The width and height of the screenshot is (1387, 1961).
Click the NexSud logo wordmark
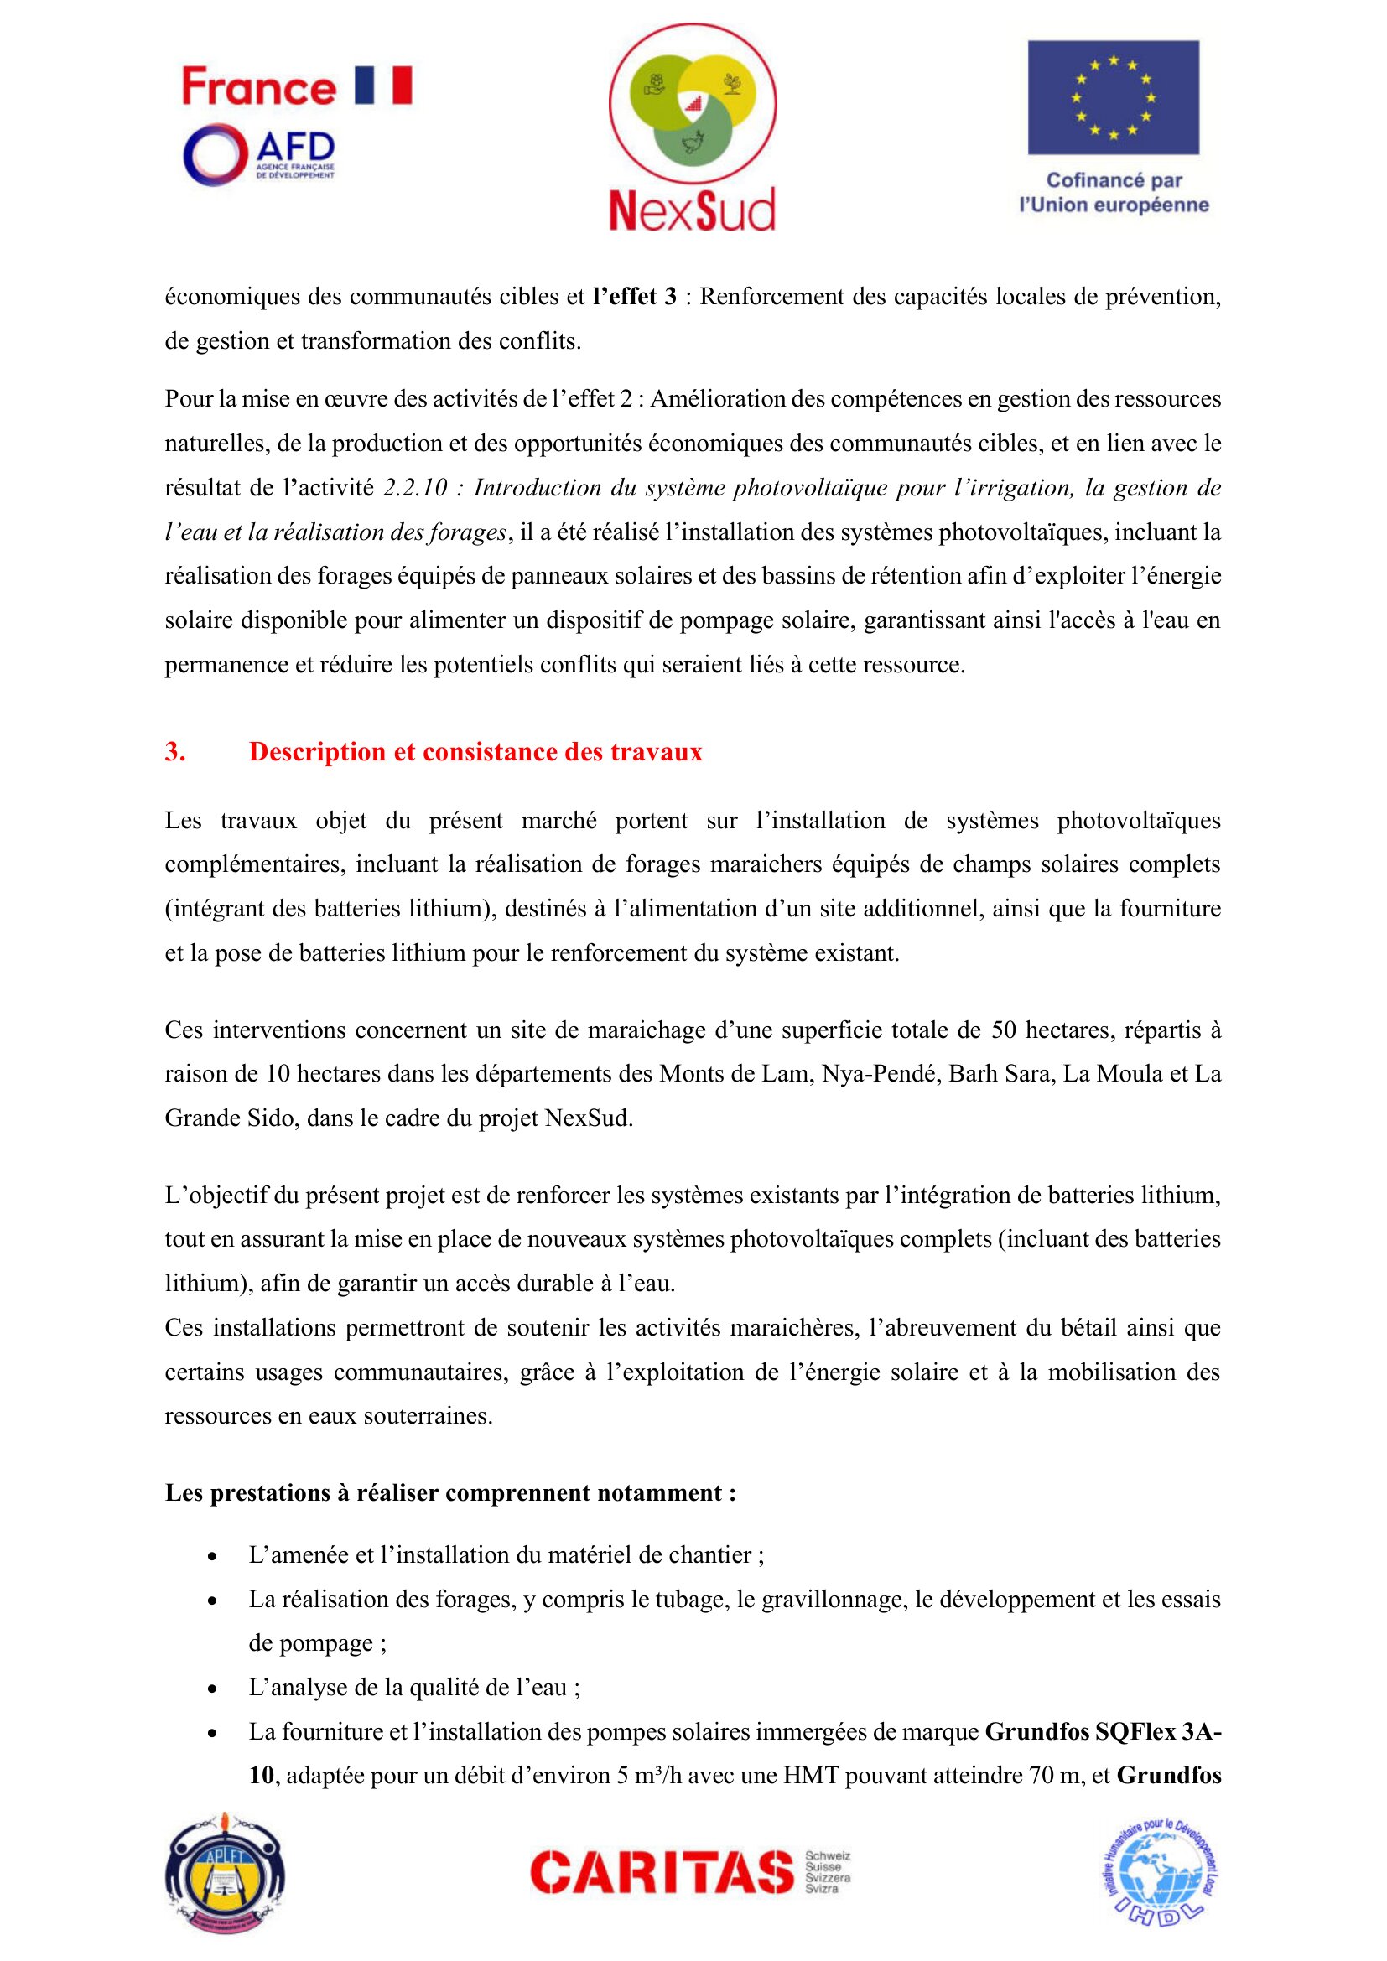click(x=692, y=210)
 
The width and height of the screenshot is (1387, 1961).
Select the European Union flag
click(x=1113, y=97)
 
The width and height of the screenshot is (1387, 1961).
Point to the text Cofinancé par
click(x=1114, y=180)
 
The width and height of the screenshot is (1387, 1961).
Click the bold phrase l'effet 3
click(x=635, y=298)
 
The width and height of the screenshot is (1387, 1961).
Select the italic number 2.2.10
click(x=415, y=488)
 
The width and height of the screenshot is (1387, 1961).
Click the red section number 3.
click(x=174, y=751)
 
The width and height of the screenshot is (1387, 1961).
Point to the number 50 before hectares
click(x=1004, y=1030)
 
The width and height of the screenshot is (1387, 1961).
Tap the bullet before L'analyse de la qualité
click(x=212, y=1689)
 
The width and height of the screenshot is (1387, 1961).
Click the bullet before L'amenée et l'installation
click(x=212, y=1556)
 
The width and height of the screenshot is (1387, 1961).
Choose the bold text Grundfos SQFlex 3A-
click(x=1103, y=1731)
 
